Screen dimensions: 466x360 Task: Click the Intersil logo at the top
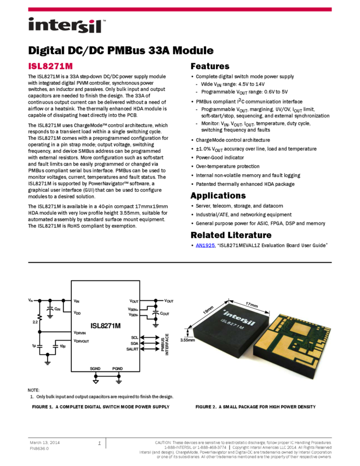(x=67, y=26)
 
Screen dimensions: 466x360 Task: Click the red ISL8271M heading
(x=50, y=66)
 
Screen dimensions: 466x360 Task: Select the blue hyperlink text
(x=205, y=245)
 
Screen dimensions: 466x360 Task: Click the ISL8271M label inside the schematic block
(x=105, y=325)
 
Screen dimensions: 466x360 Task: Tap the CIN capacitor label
(x=58, y=310)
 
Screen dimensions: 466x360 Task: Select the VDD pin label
(x=77, y=312)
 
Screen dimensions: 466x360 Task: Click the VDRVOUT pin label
(x=82, y=341)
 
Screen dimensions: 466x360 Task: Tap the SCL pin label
(x=135, y=337)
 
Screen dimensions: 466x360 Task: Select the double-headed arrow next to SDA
(x=148, y=343)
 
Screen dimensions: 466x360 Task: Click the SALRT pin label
(x=133, y=349)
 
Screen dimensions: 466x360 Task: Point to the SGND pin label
(x=95, y=369)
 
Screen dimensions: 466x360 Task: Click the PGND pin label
(x=118, y=369)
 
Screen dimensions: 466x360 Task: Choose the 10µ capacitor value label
(x=62, y=346)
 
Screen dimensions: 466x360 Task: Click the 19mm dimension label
(x=209, y=309)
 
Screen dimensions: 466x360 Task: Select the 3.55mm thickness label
(x=187, y=340)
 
